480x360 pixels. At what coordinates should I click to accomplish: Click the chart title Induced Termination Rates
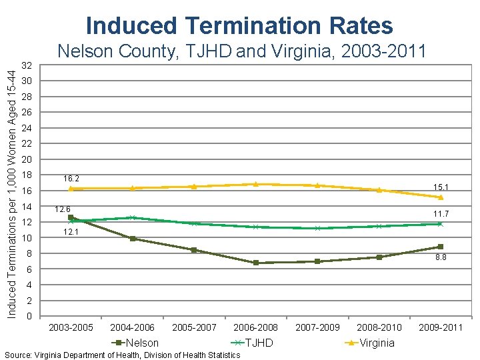(239, 25)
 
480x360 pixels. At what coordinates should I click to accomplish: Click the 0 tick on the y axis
(29, 316)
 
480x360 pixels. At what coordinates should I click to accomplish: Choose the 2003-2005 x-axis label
(71, 327)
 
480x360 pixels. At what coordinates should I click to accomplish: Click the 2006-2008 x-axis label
(255, 327)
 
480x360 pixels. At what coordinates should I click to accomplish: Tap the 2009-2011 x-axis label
(440, 327)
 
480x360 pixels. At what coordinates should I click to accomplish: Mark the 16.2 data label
(71, 179)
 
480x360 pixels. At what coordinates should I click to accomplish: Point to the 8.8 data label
(441, 257)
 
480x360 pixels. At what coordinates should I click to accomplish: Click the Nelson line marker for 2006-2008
(256, 263)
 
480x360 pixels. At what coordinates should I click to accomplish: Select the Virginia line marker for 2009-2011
(441, 197)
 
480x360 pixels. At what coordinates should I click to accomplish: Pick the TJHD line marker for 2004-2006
(133, 217)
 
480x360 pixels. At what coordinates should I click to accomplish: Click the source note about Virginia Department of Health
(122, 355)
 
